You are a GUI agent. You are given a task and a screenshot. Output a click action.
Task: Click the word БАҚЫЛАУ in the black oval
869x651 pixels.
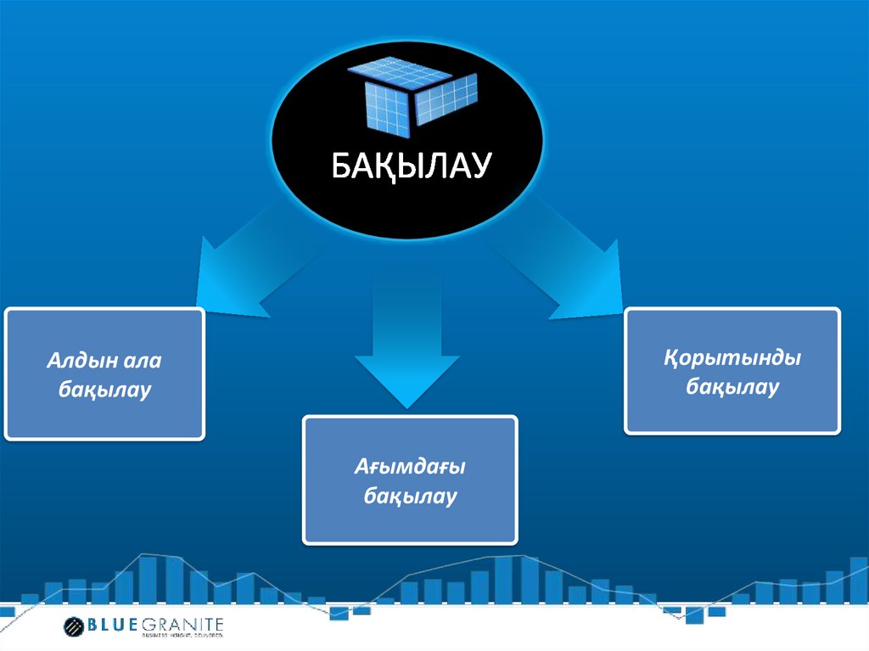tap(410, 166)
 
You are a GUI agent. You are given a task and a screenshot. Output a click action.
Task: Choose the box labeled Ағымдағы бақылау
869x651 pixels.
tap(410, 480)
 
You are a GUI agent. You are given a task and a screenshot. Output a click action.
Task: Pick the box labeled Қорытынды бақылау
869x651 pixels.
tap(732, 372)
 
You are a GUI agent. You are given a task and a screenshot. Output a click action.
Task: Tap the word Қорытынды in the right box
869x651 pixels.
tap(732, 357)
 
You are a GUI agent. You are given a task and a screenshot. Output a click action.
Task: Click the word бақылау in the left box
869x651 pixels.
tap(104, 390)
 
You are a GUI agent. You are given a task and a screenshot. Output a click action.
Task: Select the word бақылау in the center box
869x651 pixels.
tap(410, 496)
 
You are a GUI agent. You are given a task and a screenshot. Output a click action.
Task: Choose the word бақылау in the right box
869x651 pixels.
tap(732, 388)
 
